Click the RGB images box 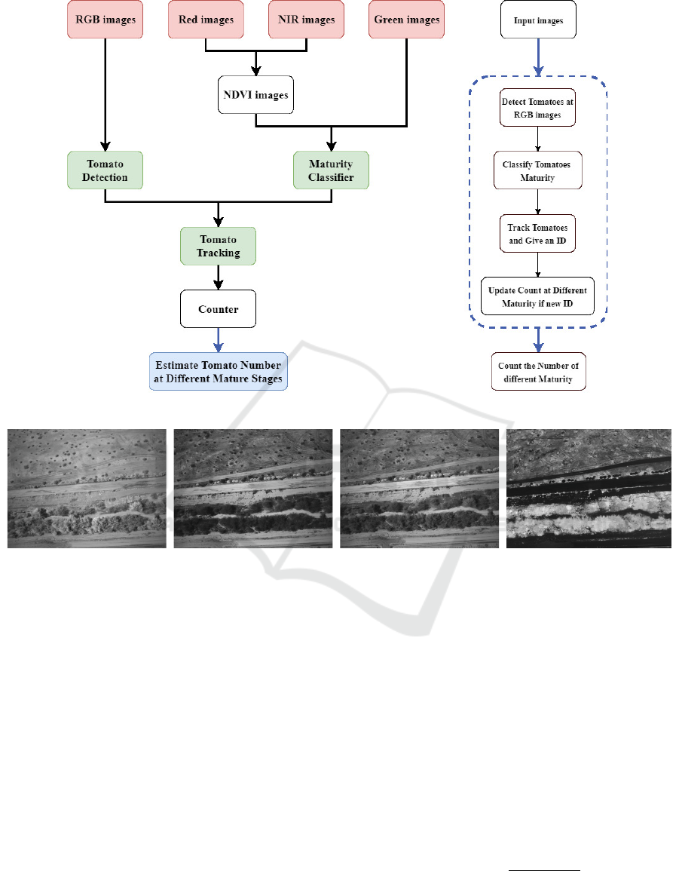tap(106, 20)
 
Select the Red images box tap(206, 20)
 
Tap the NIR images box tap(306, 20)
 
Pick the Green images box tap(406, 20)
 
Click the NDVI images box tap(255, 96)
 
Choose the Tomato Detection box tap(106, 170)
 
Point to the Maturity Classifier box tap(332, 170)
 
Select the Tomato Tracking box tap(219, 246)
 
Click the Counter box tap(219, 309)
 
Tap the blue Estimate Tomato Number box tap(219, 371)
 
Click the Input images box tap(538, 20)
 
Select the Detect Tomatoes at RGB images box tap(538, 109)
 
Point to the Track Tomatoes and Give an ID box tap(538, 234)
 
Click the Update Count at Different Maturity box tap(538, 296)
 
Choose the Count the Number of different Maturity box tap(538, 372)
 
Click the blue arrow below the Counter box tap(219, 340)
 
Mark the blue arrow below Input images tap(538, 57)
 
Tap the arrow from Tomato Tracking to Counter tap(219, 278)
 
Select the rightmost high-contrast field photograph tap(589, 488)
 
